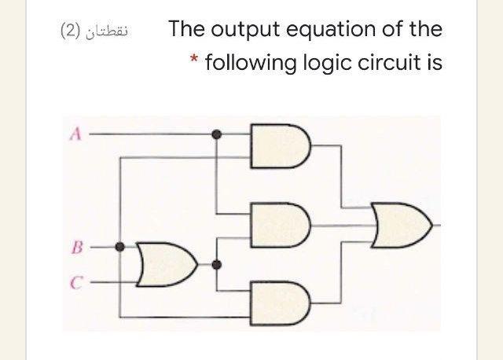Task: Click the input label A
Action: [x=76, y=134]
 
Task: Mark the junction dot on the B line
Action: [x=119, y=247]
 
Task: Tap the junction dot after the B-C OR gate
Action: [x=218, y=264]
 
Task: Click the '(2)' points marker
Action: [x=72, y=31]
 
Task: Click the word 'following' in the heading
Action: [x=251, y=63]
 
